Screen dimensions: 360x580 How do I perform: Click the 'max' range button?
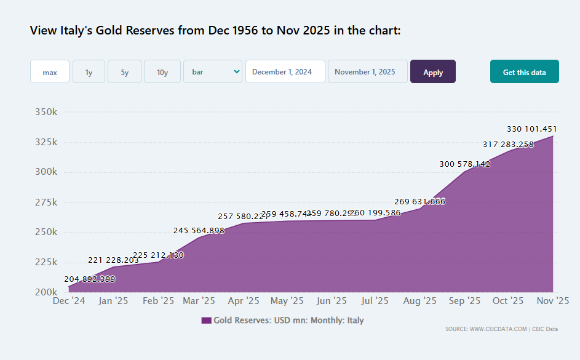pyautogui.click(x=50, y=72)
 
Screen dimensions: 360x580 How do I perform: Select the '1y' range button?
pyautogui.click(x=89, y=72)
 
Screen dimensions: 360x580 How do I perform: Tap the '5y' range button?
pyautogui.click(x=124, y=72)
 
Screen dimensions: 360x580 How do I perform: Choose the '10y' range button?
pyautogui.click(x=162, y=72)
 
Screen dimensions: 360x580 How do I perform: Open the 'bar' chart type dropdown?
pyautogui.click(x=213, y=71)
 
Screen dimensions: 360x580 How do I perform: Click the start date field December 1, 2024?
pyautogui.click(x=285, y=71)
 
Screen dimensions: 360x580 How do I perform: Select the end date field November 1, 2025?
pyautogui.click(x=367, y=71)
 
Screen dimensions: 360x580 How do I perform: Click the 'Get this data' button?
pyautogui.click(x=524, y=72)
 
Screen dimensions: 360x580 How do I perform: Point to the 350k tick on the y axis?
pyautogui.click(x=46, y=112)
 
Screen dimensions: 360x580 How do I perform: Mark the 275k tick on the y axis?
pyautogui.click(x=46, y=202)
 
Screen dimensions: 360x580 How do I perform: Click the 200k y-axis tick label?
pyautogui.click(x=46, y=292)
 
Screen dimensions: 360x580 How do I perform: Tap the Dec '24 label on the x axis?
pyautogui.click(x=69, y=301)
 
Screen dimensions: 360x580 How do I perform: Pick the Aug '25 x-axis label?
pyautogui.click(x=420, y=301)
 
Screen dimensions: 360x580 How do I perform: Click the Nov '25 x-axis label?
pyautogui.click(x=553, y=301)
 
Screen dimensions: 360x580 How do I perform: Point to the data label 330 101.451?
pyautogui.click(x=532, y=129)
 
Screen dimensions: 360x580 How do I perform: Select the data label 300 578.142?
pyautogui.click(x=465, y=164)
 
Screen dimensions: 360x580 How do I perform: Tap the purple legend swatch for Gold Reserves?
pyautogui.click(x=206, y=321)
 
